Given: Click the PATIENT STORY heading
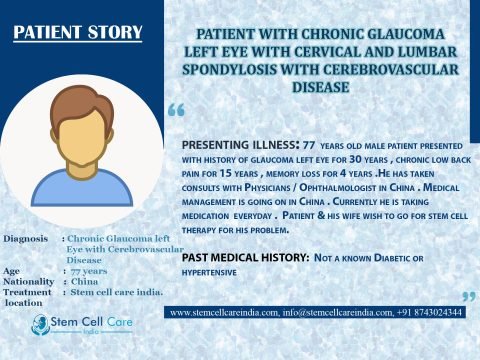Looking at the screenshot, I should (x=78, y=32).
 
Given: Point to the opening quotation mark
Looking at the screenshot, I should (x=177, y=109).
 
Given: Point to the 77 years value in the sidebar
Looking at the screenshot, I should (x=92, y=270).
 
